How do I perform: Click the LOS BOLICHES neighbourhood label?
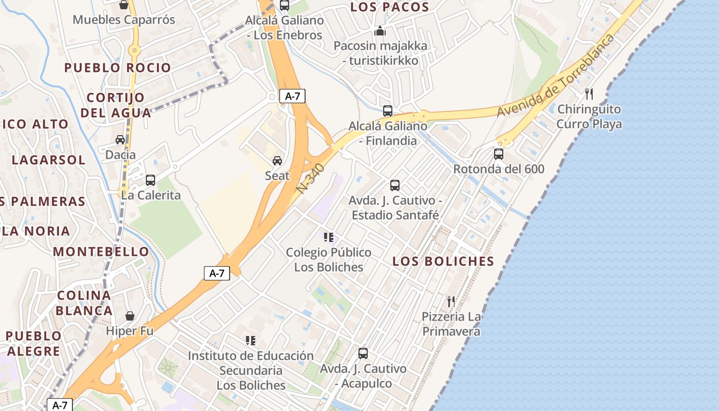pyautogui.click(x=443, y=261)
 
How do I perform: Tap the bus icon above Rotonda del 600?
pyautogui.click(x=498, y=154)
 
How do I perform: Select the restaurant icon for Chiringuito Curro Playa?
pyautogui.click(x=589, y=94)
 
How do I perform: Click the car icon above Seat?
pyautogui.click(x=277, y=160)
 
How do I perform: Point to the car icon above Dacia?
pyautogui.click(x=120, y=139)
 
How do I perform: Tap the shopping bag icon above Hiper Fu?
pyautogui.click(x=129, y=315)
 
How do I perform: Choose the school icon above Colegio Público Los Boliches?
pyautogui.click(x=329, y=237)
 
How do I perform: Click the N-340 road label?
pyautogui.click(x=311, y=178)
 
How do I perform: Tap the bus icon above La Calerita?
pyautogui.click(x=150, y=180)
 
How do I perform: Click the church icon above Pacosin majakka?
pyautogui.click(x=380, y=31)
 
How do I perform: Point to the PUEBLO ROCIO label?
pyautogui.click(x=118, y=68)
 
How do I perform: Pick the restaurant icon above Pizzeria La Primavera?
pyautogui.click(x=451, y=301)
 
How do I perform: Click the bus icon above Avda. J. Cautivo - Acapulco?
pyautogui.click(x=363, y=353)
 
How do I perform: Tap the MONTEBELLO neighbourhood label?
pyautogui.click(x=101, y=252)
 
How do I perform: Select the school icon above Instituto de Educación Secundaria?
pyautogui.click(x=251, y=340)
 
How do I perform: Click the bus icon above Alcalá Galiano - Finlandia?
pyautogui.click(x=388, y=110)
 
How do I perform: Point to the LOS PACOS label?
pyautogui.click(x=389, y=7)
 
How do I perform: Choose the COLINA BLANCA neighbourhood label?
pyautogui.click(x=84, y=303)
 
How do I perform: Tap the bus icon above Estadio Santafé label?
pyautogui.click(x=394, y=185)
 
